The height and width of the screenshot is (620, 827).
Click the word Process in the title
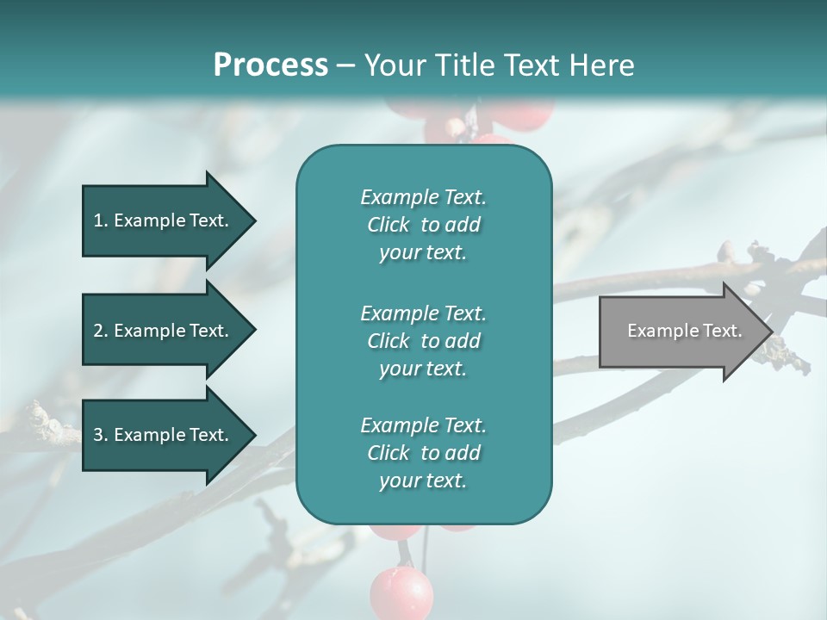pyautogui.click(x=270, y=65)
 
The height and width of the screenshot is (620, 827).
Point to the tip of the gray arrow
pyautogui.click(x=771, y=332)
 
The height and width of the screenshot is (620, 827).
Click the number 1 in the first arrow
pyautogui.click(x=98, y=220)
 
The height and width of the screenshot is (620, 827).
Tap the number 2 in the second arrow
pyautogui.click(x=98, y=331)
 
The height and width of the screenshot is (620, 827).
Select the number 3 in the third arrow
pyautogui.click(x=98, y=435)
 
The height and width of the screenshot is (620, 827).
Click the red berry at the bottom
pyautogui.click(x=401, y=592)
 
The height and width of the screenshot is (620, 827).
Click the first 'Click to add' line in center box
pyautogui.click(x=423, y=225)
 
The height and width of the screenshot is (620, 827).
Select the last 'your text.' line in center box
pyautogui.click(x=423, y=480)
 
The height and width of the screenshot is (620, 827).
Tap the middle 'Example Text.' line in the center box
pyautogui.click(x=423, y=313)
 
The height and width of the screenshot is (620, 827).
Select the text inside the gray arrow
pyautogui.click(x=685, y=331)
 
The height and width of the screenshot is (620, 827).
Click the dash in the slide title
pyautogui.click(x=345, y=66)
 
